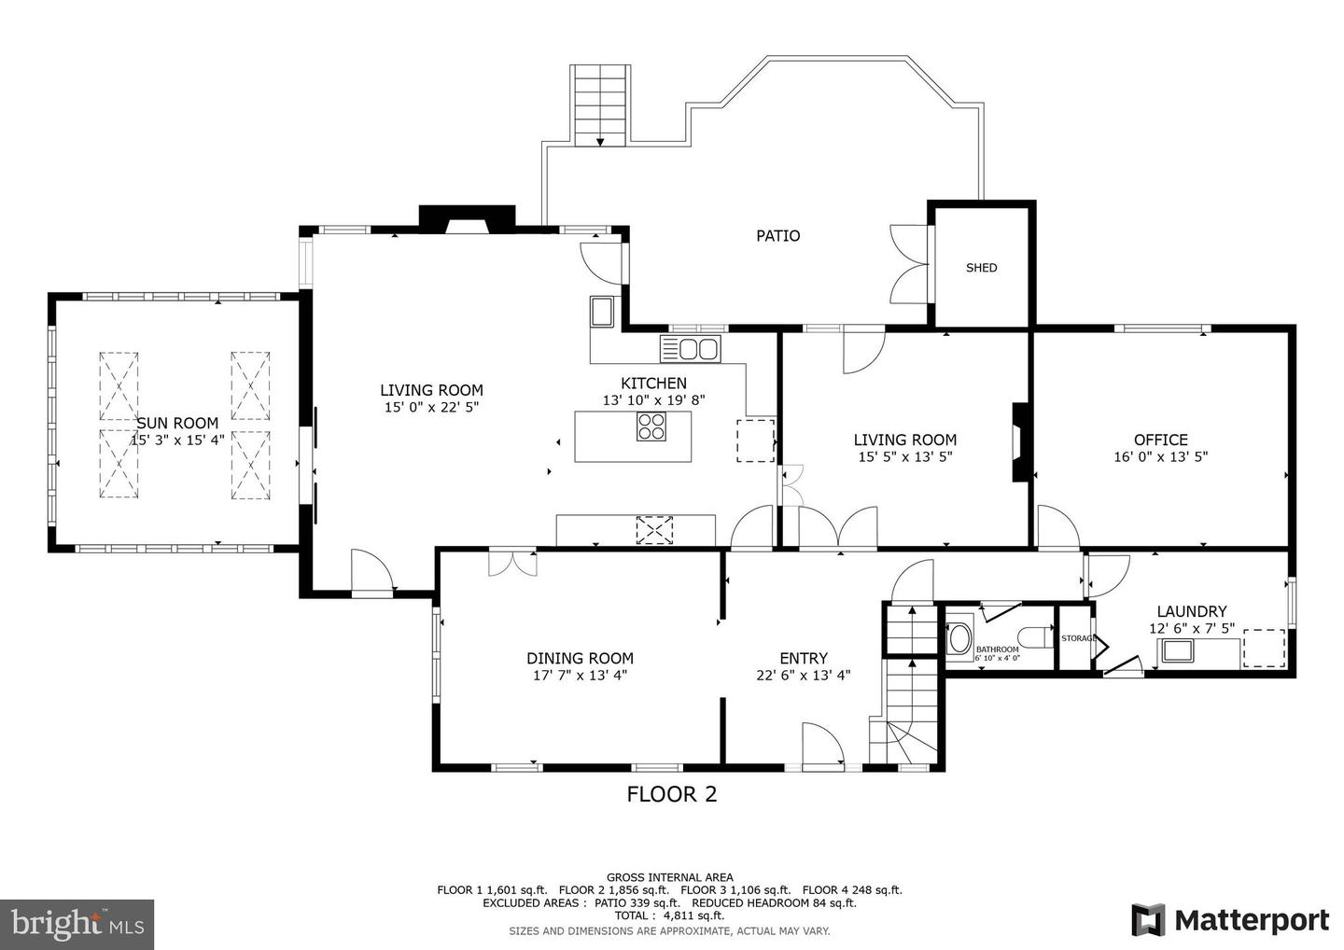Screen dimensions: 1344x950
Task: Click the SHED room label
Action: (x=982, y=268)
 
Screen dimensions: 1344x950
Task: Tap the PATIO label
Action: (x=778, y=236)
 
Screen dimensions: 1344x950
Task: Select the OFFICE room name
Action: (x=1161, y=440)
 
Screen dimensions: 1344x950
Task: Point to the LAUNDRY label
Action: (x=1192, y=612)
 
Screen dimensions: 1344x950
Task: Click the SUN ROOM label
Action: (x=177, y=424)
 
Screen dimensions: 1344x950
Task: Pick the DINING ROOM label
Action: (x=581, y=659)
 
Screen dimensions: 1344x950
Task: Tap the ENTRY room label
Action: (x=804, y=659)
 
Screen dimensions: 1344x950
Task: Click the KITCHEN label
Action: (x=653, y=384)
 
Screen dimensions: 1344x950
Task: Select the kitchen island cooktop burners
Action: (x=651, y=427)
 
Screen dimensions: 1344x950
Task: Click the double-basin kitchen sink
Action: (x=691, y=349)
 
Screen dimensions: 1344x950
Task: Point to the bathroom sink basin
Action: (x=959, y=639)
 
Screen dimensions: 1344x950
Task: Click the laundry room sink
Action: (x=1177, y=650)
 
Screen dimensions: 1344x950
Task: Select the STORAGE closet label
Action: (x=1078, y=638)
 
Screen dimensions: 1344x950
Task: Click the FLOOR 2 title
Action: (x=672, y=795)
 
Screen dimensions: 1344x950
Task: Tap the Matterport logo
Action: (x=1230, y=920)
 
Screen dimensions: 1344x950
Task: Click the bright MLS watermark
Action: (x=77, y=924)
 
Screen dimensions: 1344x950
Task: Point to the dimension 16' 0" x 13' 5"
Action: (x=1161, y=457)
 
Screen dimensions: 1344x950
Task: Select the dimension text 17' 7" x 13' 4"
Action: (x=581, y=676)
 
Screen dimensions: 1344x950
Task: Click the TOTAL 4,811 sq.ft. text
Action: (x=669, y=915)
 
